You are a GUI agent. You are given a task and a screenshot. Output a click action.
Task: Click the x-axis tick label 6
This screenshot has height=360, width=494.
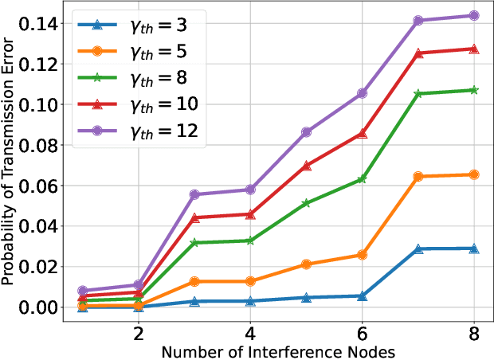coord(363,331)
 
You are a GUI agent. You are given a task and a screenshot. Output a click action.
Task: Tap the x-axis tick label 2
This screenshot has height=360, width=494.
coord(138,331)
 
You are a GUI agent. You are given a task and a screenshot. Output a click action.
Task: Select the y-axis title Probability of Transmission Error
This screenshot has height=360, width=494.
coord(9,162)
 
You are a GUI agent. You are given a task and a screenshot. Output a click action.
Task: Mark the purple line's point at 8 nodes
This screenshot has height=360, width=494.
coord(474,15)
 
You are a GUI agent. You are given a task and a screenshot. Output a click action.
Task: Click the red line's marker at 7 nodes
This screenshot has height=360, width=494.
coord(418,53)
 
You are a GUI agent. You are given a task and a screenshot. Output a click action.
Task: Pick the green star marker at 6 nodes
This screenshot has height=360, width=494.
coord(363,179)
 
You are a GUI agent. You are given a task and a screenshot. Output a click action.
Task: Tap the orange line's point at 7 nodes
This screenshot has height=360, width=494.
coord(418,176)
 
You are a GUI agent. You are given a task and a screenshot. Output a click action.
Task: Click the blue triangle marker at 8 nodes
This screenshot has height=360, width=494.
coord(474,248)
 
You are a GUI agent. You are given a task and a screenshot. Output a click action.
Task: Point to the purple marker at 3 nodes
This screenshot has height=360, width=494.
coord(194,194)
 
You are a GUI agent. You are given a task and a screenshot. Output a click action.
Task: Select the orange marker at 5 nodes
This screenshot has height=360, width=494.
coord(307,264)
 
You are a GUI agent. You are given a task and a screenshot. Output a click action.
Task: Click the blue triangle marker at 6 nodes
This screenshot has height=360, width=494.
coord(363,295)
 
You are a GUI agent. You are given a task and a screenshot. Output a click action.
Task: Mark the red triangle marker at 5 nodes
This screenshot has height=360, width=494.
coord(307,166)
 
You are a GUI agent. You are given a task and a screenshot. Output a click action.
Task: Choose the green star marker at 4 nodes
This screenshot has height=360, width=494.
coord(250,241)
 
